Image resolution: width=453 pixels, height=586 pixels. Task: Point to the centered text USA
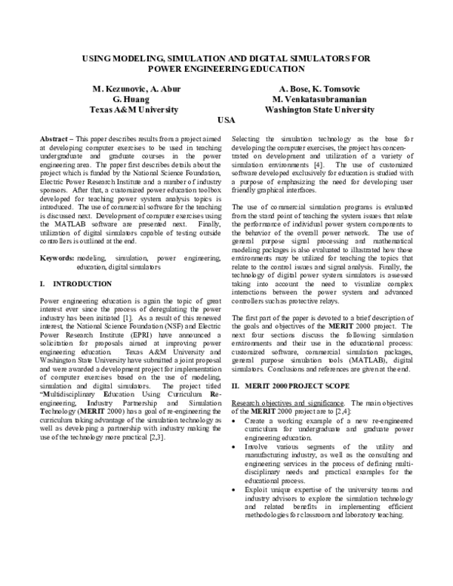coord(226,121)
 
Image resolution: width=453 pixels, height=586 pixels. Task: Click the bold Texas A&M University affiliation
coord(134,109)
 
